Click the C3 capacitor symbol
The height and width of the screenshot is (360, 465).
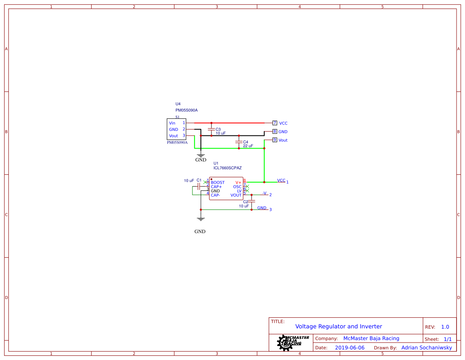(x=211, y=129)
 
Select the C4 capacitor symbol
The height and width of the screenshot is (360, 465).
(x=239, y=142)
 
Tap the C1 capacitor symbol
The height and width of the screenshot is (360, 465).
(x=198, y=187)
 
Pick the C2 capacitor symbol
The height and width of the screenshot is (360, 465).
(x=252, y=202)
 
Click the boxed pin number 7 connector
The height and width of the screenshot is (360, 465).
(x=275, y=123)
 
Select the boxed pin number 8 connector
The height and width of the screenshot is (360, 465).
(x=275, y=132)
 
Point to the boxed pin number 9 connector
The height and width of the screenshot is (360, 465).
(x=275, y=140)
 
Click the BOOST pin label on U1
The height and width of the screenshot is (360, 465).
(x=218, y=183)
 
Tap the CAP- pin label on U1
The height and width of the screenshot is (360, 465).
(x=216, y=195)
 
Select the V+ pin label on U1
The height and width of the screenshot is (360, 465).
(x=238, y=183)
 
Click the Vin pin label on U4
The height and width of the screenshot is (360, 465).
(x=172, y=123)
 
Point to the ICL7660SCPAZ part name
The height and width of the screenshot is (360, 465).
(x=227, y=168)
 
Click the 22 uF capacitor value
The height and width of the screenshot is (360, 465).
(x=248, y=146)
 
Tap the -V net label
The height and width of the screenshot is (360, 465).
(x=264, y=193)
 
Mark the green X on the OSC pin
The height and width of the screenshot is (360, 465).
(x=248, y=187)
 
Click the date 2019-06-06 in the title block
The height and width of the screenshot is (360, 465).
(x=350, y=348)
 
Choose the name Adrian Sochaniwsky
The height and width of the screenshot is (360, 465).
(x=427, y=348)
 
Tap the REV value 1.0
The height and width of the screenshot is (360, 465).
(x=445, y=327)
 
